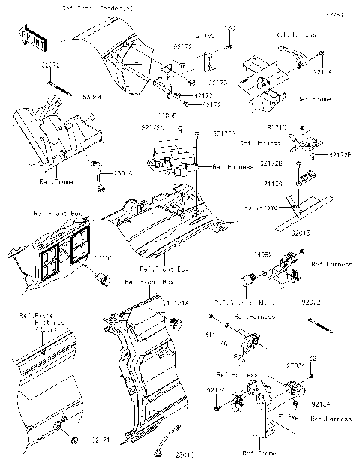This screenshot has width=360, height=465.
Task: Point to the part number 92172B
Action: (x=272, y=163)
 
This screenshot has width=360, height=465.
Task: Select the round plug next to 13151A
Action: (x=178, y=323)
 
